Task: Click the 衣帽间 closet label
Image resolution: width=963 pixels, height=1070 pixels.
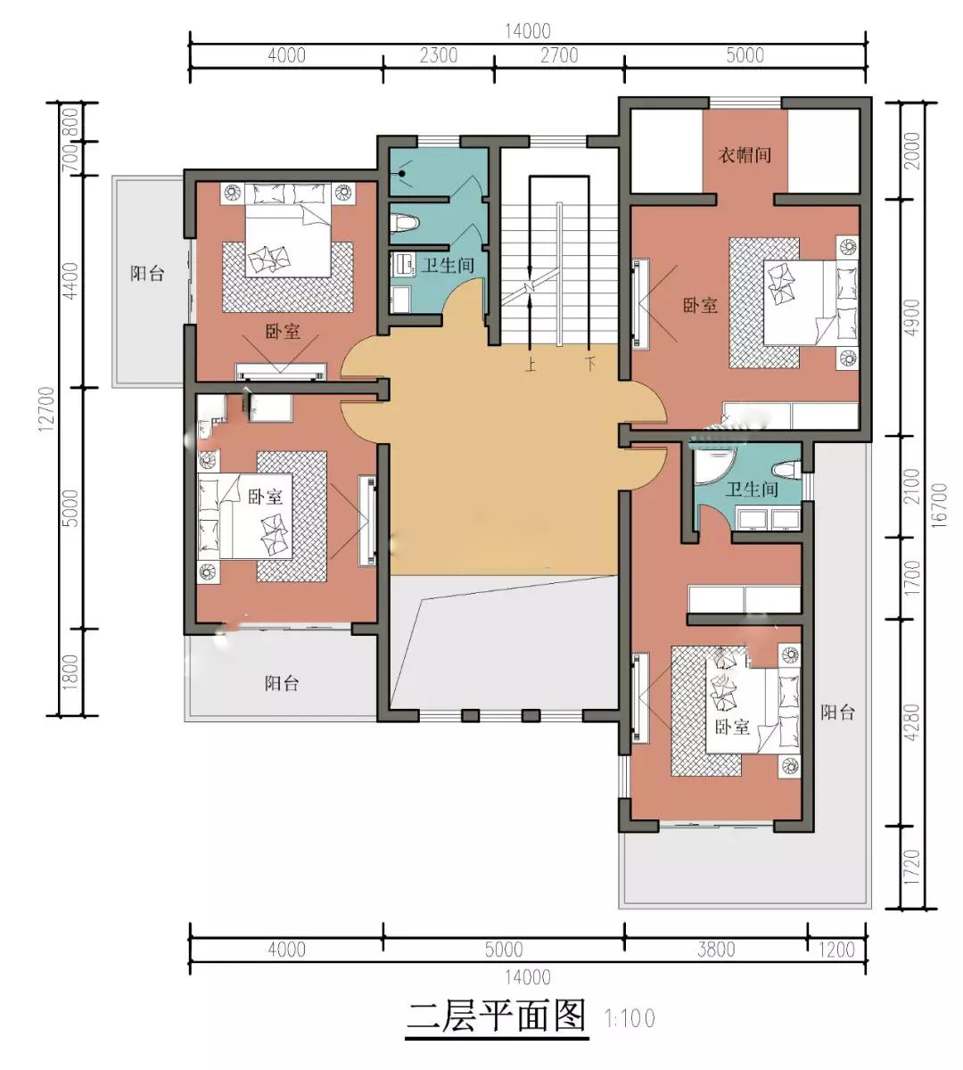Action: click(x=745, y=155)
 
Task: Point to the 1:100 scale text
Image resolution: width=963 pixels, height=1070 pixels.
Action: click(x=630, y=1019)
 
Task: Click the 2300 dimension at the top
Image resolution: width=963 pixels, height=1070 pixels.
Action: click(x=439, y=55)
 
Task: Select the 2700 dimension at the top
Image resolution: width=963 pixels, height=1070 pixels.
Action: click(x=559, y=55)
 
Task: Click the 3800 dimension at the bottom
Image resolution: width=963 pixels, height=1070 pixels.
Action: click(x=716, y=950)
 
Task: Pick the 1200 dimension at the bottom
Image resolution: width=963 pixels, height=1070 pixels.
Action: click(x=836, y=950)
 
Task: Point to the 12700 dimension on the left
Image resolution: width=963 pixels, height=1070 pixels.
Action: click(x=47, y=409)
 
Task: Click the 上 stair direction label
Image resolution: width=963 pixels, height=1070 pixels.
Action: click(x=531, y=365)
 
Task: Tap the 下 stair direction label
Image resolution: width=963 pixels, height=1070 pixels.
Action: click(x=590, y=365)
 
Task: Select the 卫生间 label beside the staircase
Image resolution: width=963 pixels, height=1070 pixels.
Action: click(x=448, y=265)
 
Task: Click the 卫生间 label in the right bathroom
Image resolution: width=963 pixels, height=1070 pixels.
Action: click(x=751, y=490)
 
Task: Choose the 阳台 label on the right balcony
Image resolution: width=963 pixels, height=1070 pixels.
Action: click(x=837, y=712)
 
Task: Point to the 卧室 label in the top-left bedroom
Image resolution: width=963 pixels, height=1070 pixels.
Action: click(x=283, y=331)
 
